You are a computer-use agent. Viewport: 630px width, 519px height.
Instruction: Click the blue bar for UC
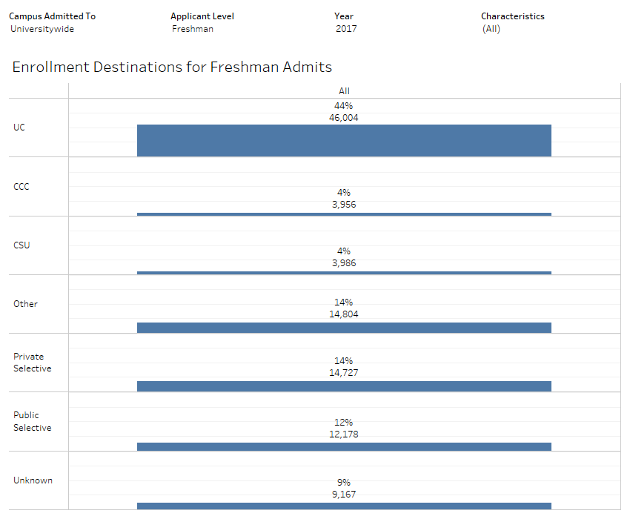[x=344, y=140]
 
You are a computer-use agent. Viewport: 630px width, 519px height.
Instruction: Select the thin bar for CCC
[x=344, y=214]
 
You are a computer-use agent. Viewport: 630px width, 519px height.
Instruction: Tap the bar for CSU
[x=344, y=273]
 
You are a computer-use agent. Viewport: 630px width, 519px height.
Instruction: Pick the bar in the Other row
[x=344, y=328]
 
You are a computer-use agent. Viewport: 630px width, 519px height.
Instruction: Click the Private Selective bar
[x=344, y=386]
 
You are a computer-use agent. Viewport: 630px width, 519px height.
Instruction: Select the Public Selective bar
[x=344, y=446]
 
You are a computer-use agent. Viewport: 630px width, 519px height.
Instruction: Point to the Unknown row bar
[x=344, y=506]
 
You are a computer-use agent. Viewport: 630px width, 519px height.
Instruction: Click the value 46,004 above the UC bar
[x=344, y=117]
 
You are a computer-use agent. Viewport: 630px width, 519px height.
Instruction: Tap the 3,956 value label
[x=344, y=204]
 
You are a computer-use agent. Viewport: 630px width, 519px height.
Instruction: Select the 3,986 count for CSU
[x=344, y=262]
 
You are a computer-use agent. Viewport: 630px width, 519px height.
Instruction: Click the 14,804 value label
[x=344, y=314]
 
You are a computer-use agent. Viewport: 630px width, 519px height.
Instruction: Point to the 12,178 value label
[x=344, y=434]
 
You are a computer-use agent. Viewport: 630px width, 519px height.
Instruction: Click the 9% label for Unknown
[x=344, y=482]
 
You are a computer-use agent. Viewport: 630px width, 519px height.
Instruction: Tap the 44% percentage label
[x=344, y=106]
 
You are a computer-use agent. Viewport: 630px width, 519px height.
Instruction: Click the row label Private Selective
[x=33, y=363]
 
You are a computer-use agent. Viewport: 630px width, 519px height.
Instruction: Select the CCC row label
[x=21, y=186]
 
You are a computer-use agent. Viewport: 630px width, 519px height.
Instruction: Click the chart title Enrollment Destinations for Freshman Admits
[x=172, y=67]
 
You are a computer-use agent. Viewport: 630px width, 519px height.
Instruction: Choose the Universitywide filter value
[x=42, y=29]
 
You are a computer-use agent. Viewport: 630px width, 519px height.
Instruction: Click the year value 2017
[x=346, y=29]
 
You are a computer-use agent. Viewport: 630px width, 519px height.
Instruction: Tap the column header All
[x=344, y=91]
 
